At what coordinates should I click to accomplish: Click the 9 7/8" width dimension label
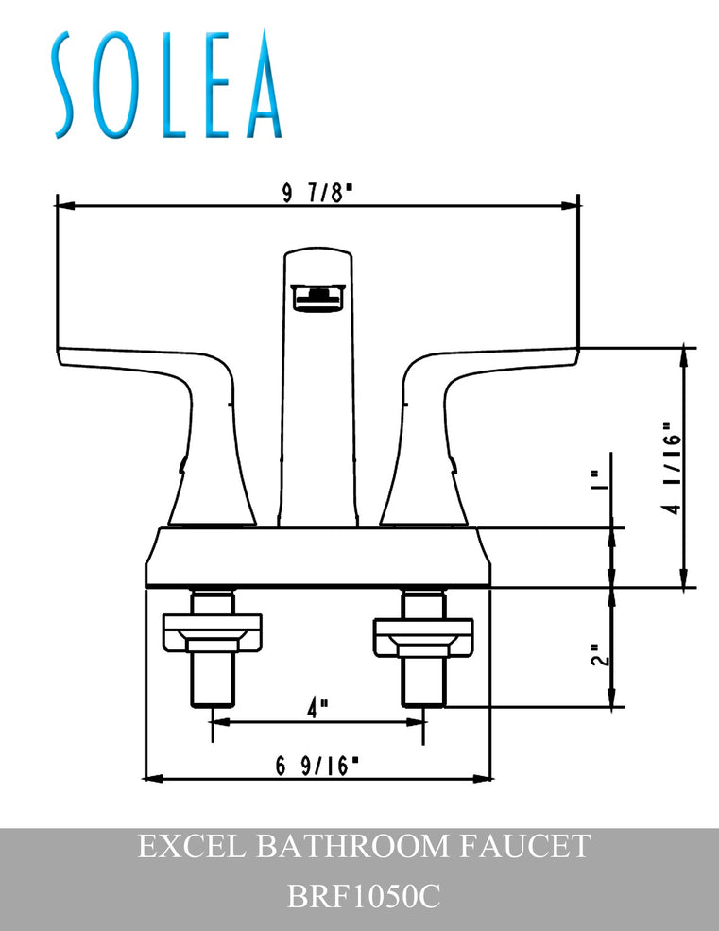coord(317,193)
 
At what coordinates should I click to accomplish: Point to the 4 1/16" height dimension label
coord(669,468)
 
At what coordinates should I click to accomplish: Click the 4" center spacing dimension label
coord(317,705)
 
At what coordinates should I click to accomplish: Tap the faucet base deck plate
coord(317,558)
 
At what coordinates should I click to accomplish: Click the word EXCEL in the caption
coord(189,845)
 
